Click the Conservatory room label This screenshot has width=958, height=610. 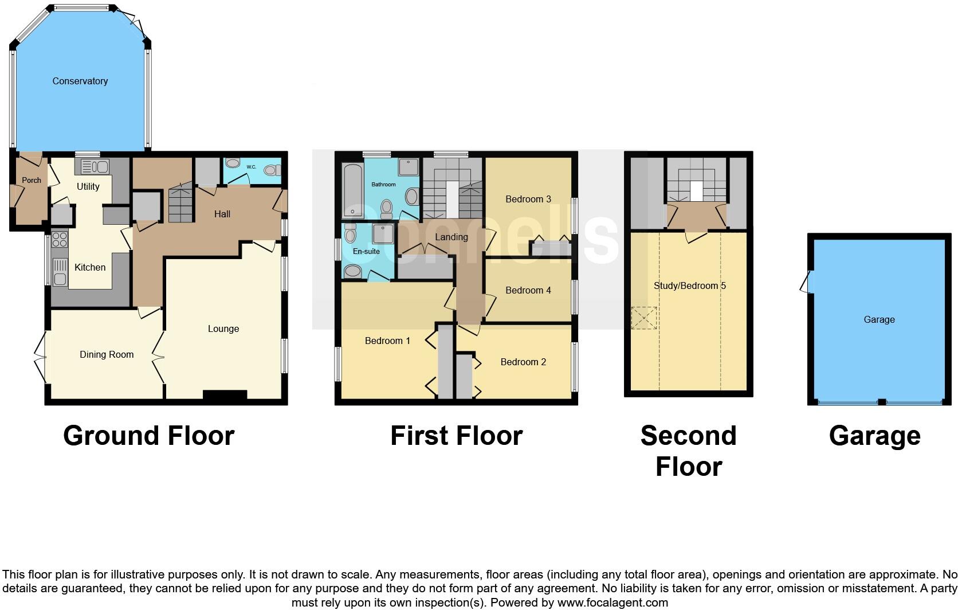(x=80, y=81)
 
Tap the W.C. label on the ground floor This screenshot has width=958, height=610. (x=252, y=167)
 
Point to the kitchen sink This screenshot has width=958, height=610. (x=60, y=272)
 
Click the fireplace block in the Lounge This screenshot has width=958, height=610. (x=225, y=394)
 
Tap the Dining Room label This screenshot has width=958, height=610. (x=107, y=355)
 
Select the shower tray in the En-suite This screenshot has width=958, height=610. (x=383, y=234)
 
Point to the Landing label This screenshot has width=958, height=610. (x=451, y=237)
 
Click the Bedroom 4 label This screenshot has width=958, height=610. (x=528, y=291)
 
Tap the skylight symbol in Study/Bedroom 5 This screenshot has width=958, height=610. (x=644, y=318)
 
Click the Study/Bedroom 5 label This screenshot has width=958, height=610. (x=690, y=286)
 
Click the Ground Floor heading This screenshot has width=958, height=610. (x=148, y=436)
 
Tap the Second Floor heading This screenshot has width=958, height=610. (x=689, y=451)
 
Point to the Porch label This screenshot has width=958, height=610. (x=32, y=180)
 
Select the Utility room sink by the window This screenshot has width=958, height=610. (x=95, y=167)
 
